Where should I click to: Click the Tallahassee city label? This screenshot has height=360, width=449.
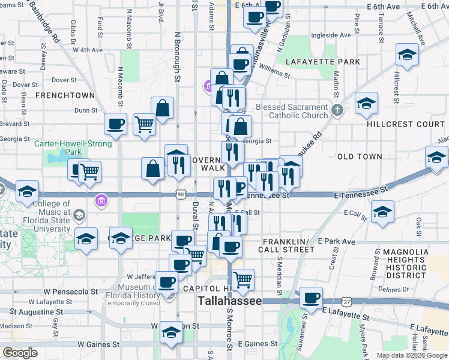tap(230, 301)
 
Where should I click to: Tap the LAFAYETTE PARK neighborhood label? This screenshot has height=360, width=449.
tap(323, 62)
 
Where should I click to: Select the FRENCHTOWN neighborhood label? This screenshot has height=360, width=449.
tap(65, 95)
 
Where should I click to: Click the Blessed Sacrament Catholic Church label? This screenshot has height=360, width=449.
tap(292, 111)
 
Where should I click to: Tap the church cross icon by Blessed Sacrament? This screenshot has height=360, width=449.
tap(337, 110)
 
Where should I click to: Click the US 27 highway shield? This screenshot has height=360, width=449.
tap(348, 300)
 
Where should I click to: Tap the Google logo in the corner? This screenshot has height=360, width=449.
tap(20, 352)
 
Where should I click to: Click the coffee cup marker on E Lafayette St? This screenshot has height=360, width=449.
tap(312, 297)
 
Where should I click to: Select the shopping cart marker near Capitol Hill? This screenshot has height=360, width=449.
tap(243, 278)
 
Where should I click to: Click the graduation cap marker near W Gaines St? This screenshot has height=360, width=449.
tap(170, 332)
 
